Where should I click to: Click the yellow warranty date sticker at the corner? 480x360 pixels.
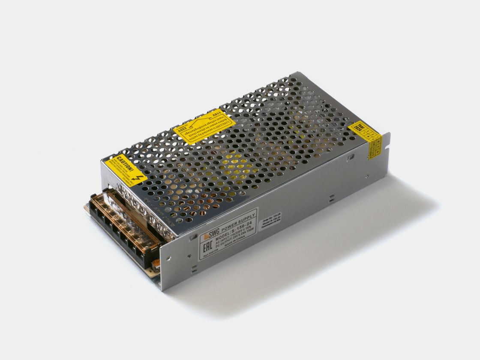point(366,134)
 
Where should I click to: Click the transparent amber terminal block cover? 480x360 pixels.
point(129,223)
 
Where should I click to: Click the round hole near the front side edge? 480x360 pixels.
point(168,258)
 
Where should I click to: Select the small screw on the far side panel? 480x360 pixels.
point(367,176)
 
